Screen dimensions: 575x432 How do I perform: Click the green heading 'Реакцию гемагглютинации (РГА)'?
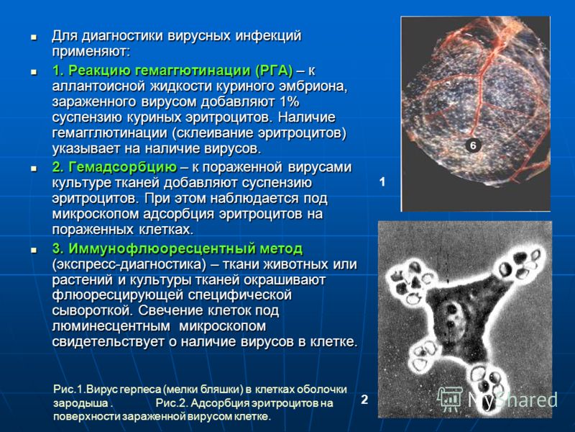[180, 70]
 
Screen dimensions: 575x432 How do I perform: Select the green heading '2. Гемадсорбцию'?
[114, 167]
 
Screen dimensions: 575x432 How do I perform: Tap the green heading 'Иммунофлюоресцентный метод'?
[185, 248]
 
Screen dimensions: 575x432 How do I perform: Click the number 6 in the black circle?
[473, 145]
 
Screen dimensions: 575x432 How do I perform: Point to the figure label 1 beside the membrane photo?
[382, 182]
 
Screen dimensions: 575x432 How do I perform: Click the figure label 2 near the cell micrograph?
[364, 400]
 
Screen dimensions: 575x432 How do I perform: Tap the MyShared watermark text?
[512, 400]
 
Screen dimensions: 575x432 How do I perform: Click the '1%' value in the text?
[290, 102]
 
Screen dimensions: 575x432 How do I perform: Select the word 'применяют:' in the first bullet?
[91, 52]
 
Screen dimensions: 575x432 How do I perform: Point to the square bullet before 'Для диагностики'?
[34, 37]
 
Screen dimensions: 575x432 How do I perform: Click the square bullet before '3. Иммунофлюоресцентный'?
[34, 250]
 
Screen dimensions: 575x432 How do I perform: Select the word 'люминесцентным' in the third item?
[111, 326]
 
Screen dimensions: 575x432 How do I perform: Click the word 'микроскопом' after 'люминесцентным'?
[223, 327]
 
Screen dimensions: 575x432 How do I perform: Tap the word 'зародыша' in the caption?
[80, 403]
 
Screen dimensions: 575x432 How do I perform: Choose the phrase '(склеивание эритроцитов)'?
[259, 133]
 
